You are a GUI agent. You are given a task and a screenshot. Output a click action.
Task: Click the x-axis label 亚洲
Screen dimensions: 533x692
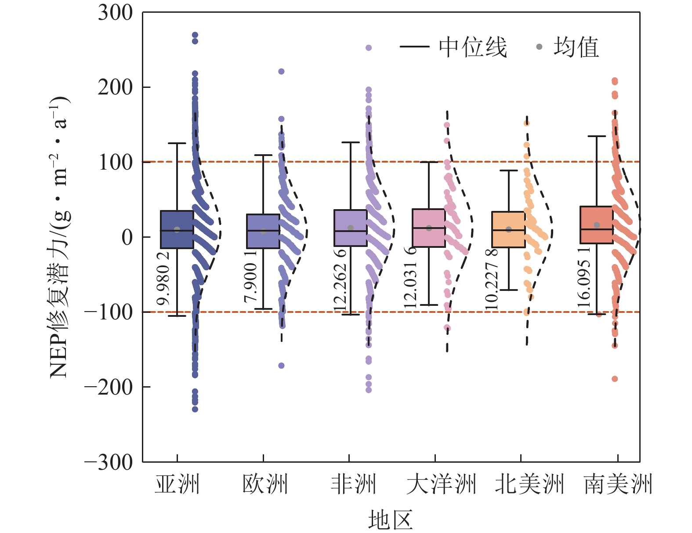tap(177, 484)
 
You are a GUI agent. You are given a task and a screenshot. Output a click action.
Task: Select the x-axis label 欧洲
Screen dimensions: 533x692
tap(265, 484)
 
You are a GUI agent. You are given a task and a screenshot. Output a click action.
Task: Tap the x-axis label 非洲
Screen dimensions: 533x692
tap(353, 484)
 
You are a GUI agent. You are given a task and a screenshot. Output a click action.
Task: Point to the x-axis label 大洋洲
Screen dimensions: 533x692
tap(441, 484)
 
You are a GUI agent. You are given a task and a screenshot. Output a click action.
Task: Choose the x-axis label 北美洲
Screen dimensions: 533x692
tap(529, 484)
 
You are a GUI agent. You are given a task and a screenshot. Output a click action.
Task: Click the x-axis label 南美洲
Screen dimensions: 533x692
tap(618, 484)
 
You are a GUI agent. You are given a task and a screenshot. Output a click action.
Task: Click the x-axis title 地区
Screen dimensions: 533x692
tap(390, 520)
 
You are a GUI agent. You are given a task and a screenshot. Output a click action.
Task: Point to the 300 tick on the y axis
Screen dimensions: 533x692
tap(115, 13)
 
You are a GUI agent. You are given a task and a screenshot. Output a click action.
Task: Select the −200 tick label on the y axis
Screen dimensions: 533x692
tap(109, 387)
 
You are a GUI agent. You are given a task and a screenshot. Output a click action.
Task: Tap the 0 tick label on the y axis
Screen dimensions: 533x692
tap(127, 237)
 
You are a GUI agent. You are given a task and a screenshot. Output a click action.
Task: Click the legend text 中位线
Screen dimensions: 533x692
tap(473, 47)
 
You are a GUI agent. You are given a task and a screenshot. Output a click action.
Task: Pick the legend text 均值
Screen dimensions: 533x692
tap(576, 47)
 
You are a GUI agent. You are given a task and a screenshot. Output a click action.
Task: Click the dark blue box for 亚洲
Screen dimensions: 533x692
tap(177, 229)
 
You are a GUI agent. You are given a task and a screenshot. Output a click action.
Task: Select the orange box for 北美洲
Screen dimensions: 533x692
tap(508, 229)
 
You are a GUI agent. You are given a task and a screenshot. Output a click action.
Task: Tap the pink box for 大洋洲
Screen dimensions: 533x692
tap(429, 228)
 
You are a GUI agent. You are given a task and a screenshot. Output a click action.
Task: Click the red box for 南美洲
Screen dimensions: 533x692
tap(596, 225)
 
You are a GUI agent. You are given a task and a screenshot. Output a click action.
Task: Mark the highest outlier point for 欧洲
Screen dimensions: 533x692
tap(281, 71)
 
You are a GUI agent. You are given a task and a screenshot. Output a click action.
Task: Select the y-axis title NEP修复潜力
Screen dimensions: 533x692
tap(59, 237)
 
